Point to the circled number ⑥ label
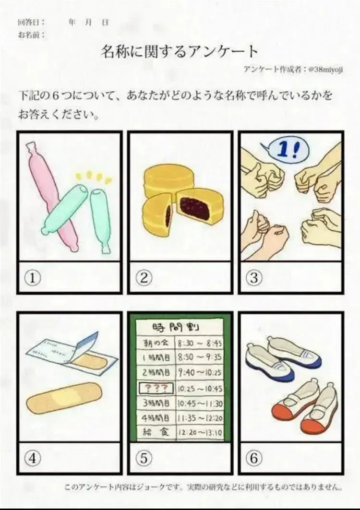click(x=254, y=458)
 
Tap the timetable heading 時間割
click(x=176, y=328)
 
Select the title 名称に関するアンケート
click(x=180, y=51)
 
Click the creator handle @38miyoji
click(x=325, y=69)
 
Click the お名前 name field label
click(x=31, y=35)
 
